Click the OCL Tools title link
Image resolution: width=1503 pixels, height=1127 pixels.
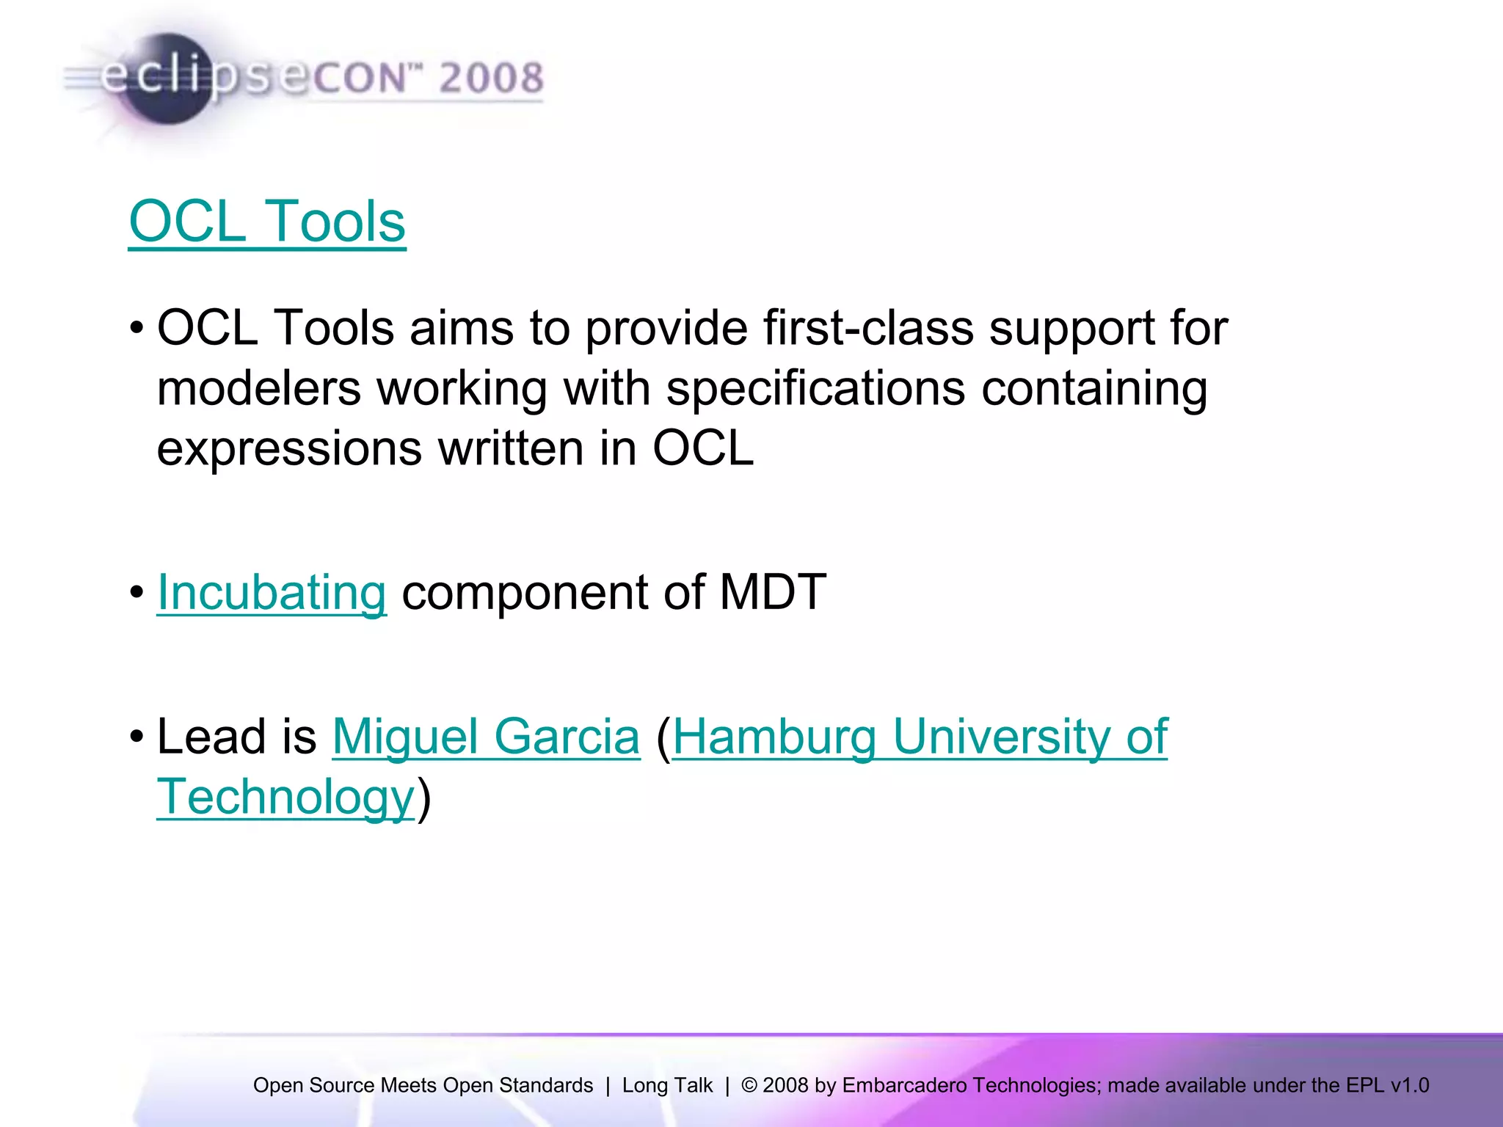267,222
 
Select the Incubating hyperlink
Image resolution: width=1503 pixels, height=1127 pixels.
272,592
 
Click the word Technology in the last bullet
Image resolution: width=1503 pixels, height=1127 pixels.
286,797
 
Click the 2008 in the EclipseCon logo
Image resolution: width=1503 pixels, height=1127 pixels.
492,78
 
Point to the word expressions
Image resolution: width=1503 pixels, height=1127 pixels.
289,448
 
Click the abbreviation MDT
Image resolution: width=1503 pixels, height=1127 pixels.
773,592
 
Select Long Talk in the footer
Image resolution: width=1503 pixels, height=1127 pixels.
667,1085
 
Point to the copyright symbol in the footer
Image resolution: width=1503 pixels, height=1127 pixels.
749,1085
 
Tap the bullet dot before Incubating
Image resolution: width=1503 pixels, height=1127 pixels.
137,592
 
